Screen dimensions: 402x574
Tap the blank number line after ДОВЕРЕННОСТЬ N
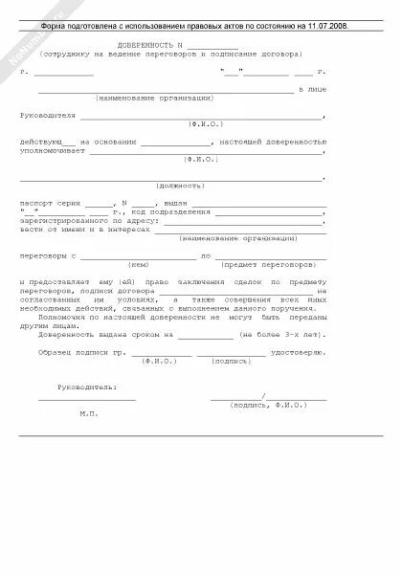coord(212,46)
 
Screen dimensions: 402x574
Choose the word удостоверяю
coord(299,354)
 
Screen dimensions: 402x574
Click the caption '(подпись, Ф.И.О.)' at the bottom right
coord(267,405)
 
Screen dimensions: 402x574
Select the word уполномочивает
coord(55,151)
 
